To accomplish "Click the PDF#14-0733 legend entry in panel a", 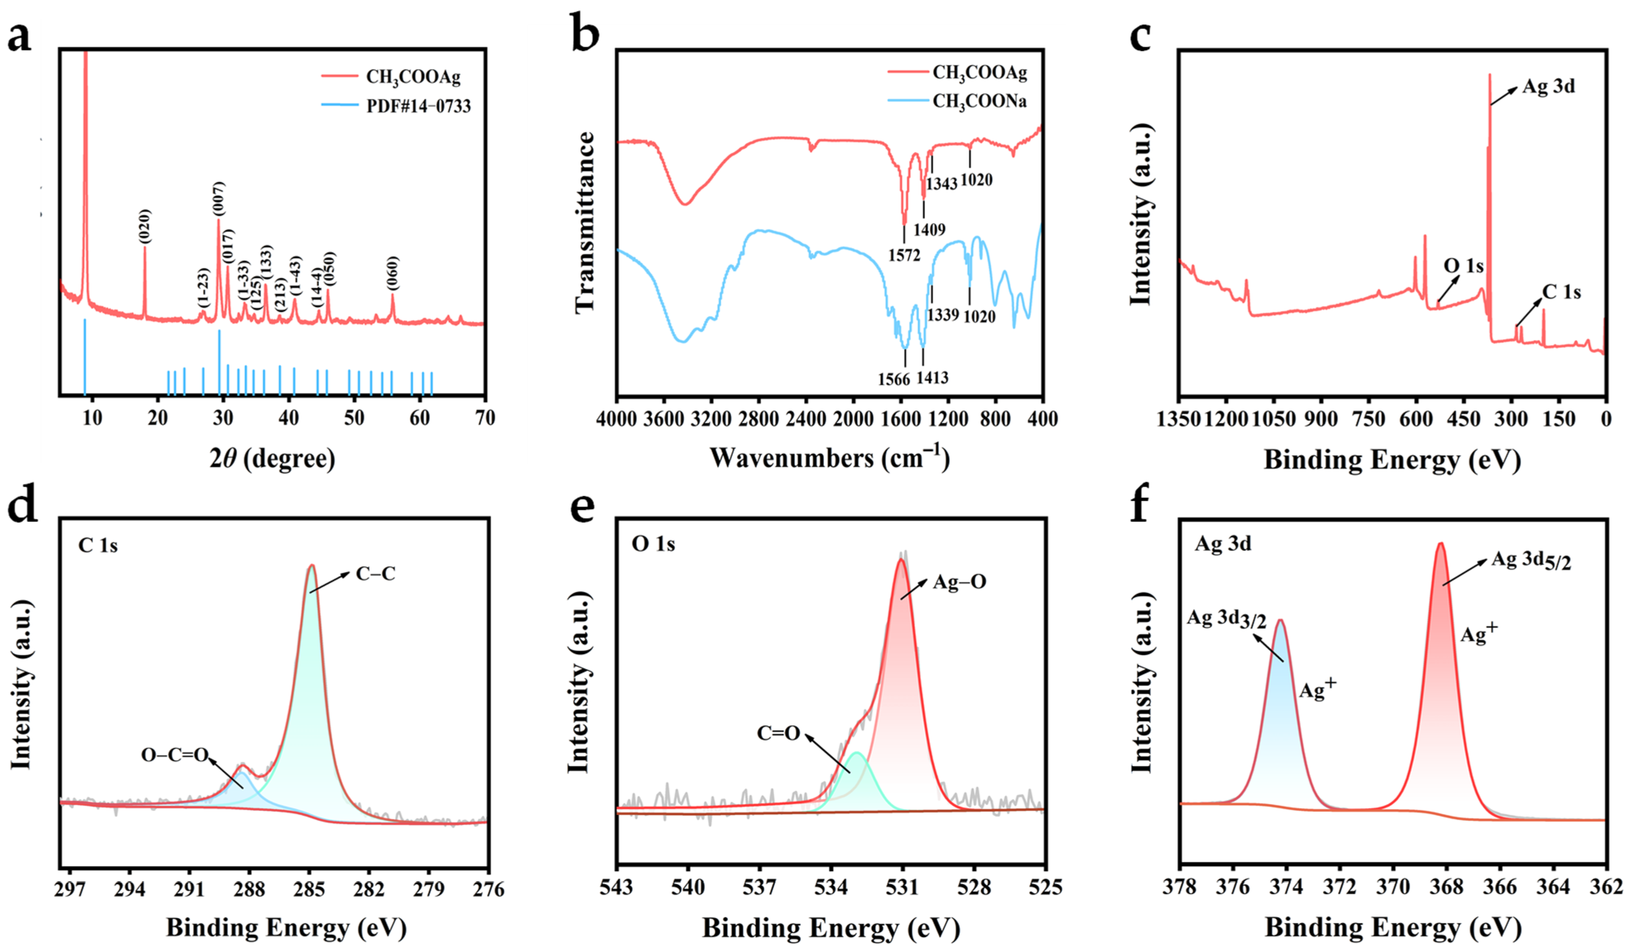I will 418,106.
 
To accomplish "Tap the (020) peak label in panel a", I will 144,226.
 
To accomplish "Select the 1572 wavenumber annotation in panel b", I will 904,255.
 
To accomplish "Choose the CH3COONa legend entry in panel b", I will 979,101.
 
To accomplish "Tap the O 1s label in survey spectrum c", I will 1463,266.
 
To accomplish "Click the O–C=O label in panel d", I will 175,754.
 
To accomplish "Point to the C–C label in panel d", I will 375,574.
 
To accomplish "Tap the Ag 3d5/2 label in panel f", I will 1531,560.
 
